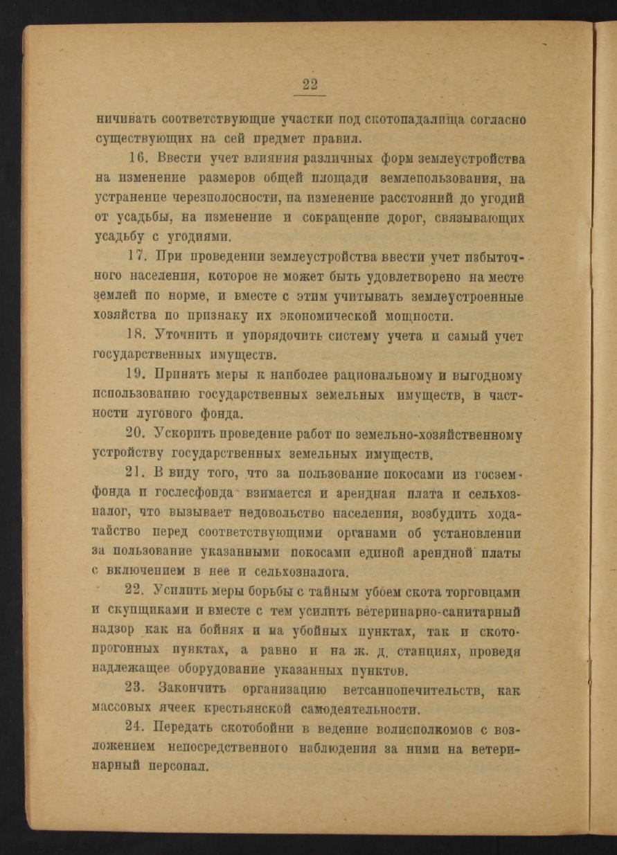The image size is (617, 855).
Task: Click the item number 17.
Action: pos(139,259)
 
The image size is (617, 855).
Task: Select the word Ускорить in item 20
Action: pos(189,435)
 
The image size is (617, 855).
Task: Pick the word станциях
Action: pos(433,651)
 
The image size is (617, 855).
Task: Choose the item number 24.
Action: pos(140,728)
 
